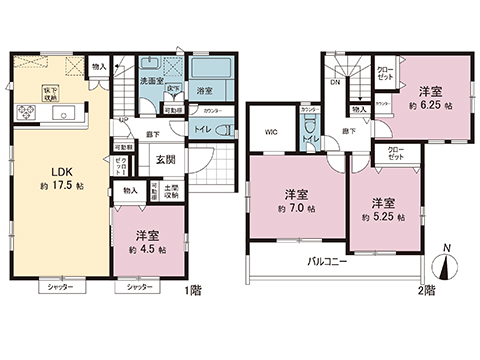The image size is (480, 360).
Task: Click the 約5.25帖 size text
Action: point(381,215)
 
